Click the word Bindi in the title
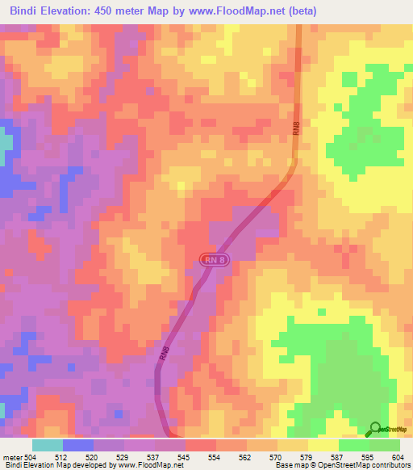pos(29,11)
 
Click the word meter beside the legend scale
pos(13,456)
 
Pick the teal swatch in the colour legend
pos(48,445)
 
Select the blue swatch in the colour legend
pos(78,445)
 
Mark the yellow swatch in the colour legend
pos(323,445)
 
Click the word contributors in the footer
pos(390,465)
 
